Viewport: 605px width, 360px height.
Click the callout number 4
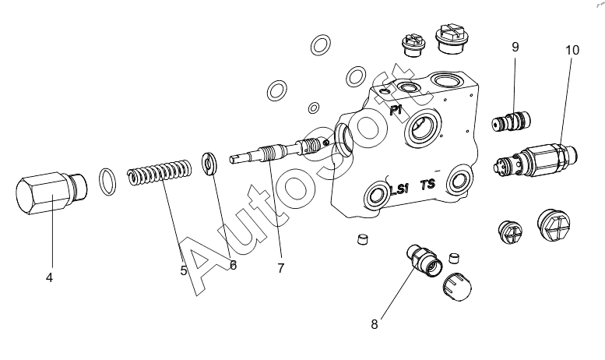point(49,277)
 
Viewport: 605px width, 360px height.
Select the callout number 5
point(184,270)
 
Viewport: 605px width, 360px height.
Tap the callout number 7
point(280,268)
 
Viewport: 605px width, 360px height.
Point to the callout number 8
point(375,324)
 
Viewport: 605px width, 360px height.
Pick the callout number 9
point(515,47)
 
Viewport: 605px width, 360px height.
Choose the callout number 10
point(572,50)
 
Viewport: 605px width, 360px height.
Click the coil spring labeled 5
point(159,172)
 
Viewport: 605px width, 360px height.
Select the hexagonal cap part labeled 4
point(51,193)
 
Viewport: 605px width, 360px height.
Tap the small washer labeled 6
point(210,164)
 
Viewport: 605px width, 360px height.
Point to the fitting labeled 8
point(424,263)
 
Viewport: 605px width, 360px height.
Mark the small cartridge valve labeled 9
point(512,121)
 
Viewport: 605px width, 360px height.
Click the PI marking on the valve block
point(396,110)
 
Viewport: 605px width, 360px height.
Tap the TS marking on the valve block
point(428,185)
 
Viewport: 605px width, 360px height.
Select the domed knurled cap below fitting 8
point(456,287)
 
